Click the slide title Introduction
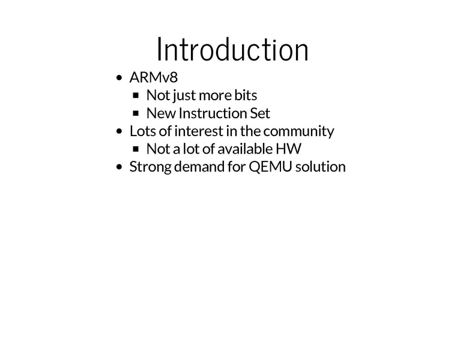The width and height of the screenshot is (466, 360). [x=233, y=49]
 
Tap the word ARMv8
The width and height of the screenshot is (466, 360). [x=153, y=77]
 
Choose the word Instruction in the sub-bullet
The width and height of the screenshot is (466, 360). [x=213, y=113]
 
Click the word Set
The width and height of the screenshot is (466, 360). [x=260, y=113]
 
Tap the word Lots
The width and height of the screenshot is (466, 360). [x=142, y=131]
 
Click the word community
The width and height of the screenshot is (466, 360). [x=298, y=132]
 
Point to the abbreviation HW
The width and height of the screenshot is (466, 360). [x=289, y=149]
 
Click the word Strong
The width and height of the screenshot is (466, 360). [x=150, y=167]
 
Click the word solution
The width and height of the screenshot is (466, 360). [x=321, y=167]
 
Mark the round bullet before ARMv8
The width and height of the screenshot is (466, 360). [x=119, y=78]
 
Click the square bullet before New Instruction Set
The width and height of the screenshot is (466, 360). [x=136, y=113]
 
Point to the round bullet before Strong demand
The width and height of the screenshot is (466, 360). [x=119, y=167]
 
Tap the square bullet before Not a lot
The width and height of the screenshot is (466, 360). [x=136, y=149]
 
